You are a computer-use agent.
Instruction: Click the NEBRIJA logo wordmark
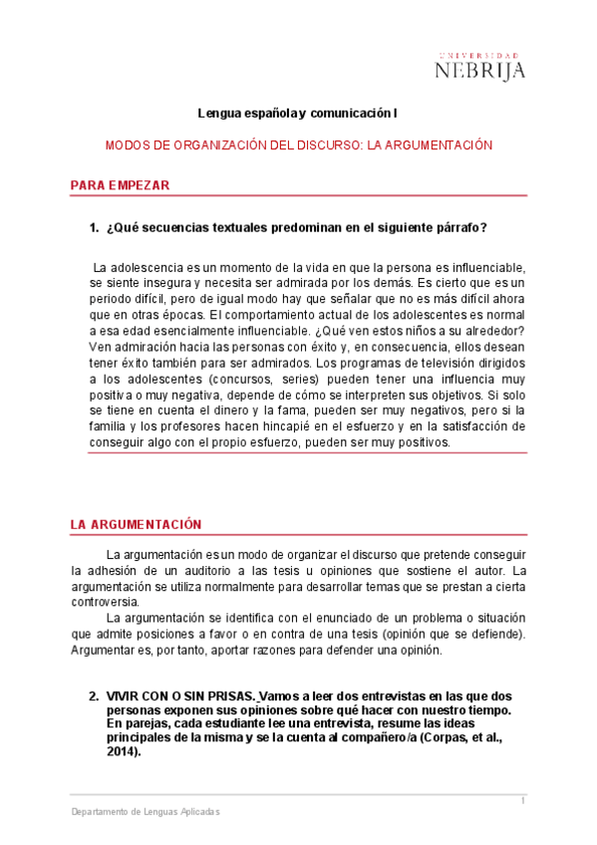[479, 70]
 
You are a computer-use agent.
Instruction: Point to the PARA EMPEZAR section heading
[120, 185]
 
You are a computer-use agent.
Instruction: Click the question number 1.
[93, 227]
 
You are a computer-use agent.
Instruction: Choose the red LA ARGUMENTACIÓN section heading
[136, 524]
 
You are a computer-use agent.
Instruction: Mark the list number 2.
[93, 696]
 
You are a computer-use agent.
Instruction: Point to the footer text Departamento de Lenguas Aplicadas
[145, 812]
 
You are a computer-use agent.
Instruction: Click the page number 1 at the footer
[522, 800]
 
